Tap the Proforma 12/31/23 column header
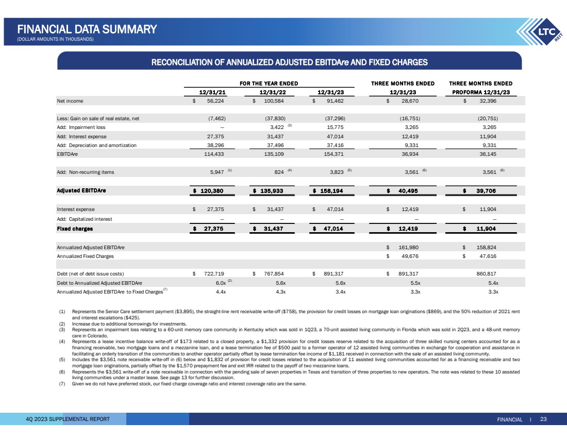(x=480, y=92)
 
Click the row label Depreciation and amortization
(x=96, y=145)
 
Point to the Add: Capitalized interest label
(x=84, y=219)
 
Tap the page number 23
(x=543, y=419)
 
